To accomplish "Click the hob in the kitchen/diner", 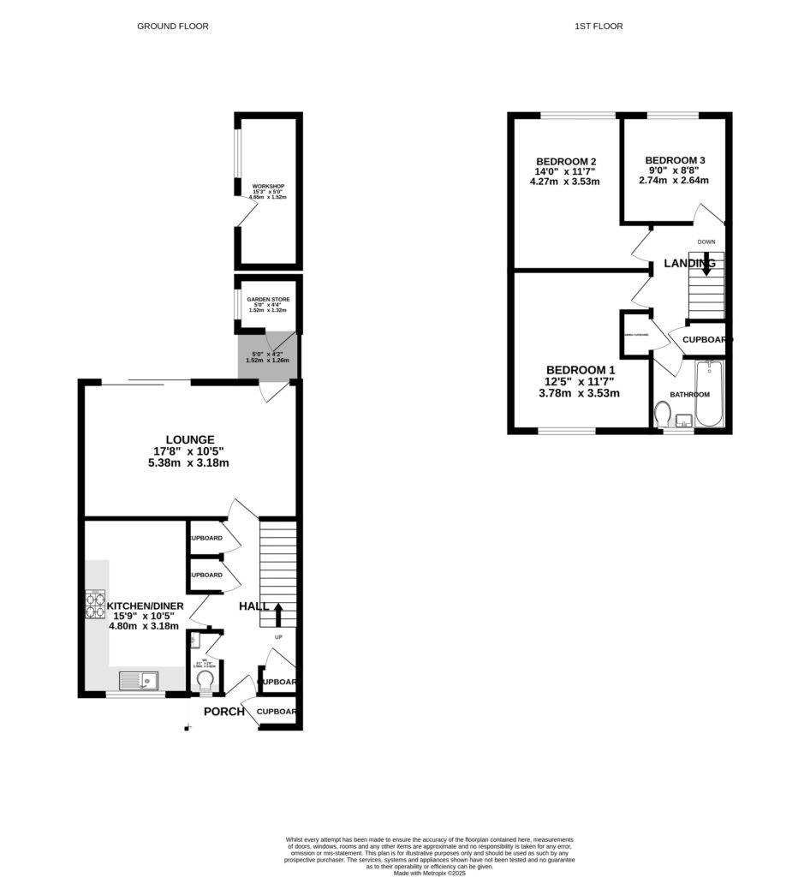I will click(95, 605).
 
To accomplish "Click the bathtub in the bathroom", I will click(709, 394).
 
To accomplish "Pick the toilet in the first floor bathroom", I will click(662, 415).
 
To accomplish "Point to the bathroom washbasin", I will click(683, 421).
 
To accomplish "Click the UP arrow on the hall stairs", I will click(277, 613).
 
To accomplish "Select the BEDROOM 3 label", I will click(676, 160).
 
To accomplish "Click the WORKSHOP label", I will click(268, 187).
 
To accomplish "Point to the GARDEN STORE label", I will click(268, 300).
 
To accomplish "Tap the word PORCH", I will click(224, 711).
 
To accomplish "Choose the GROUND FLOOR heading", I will click(173, 27).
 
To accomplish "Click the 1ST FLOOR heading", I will click(599, 27).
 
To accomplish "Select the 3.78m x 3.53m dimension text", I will click(579, 393).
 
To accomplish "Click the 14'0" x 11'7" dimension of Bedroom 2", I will click(566, 171).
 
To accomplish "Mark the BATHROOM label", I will click(689, 395).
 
